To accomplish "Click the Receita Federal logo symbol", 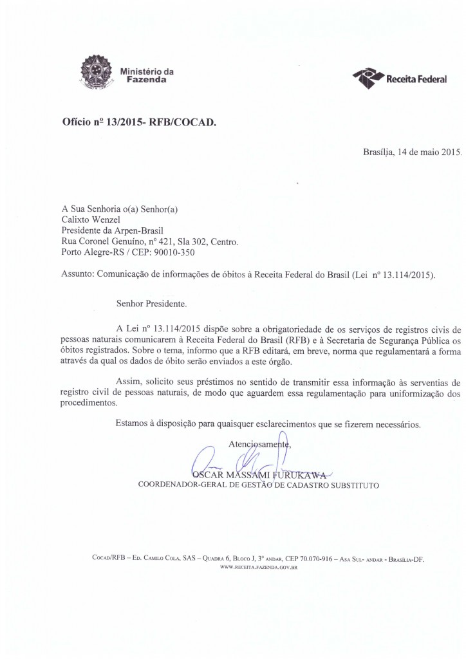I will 367,78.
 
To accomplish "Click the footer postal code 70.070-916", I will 313,559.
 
